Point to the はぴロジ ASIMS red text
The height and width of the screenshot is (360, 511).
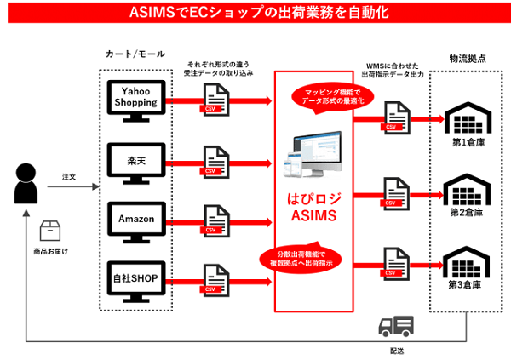[314, 209]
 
